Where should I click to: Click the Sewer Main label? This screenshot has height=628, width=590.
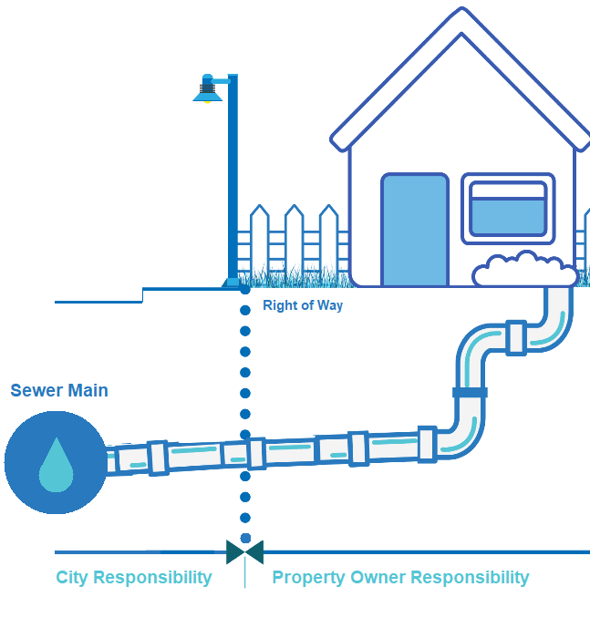click(x=59, y=390)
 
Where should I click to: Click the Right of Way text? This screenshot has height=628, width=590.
click(x=303, y=305)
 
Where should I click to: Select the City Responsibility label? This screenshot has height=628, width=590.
click(x=134, y=577)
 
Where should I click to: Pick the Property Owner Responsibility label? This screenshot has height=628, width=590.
click(x=400, y=577)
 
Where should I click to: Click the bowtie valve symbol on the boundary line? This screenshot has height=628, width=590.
click(x=244, y=551)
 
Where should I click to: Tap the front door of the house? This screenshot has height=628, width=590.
click(x=415, y=230)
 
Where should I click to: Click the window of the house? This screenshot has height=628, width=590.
click(x=507, y=209)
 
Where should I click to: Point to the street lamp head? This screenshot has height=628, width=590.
click(x=209, y=89)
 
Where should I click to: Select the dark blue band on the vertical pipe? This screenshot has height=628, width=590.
click(x=470, y=393)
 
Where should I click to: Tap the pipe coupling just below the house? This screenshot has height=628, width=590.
click(x=516, y=337)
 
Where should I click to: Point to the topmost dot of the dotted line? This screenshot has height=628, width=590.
click(x=244, y=289)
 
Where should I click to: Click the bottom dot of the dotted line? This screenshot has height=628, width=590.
click(x=244, y=538)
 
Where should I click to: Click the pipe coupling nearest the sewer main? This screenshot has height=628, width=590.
click(x=157, y=458)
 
